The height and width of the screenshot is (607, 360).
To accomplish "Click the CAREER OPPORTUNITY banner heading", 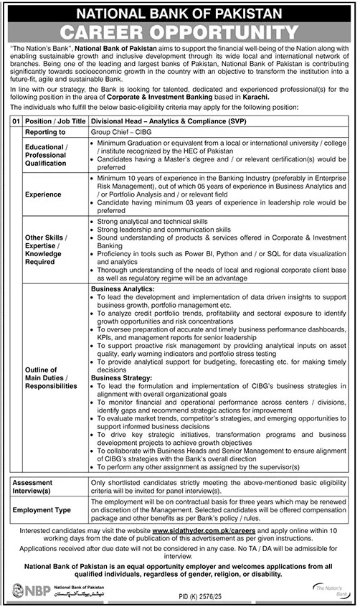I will click(179, 32).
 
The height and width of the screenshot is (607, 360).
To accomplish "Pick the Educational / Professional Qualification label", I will click(47, 155).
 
